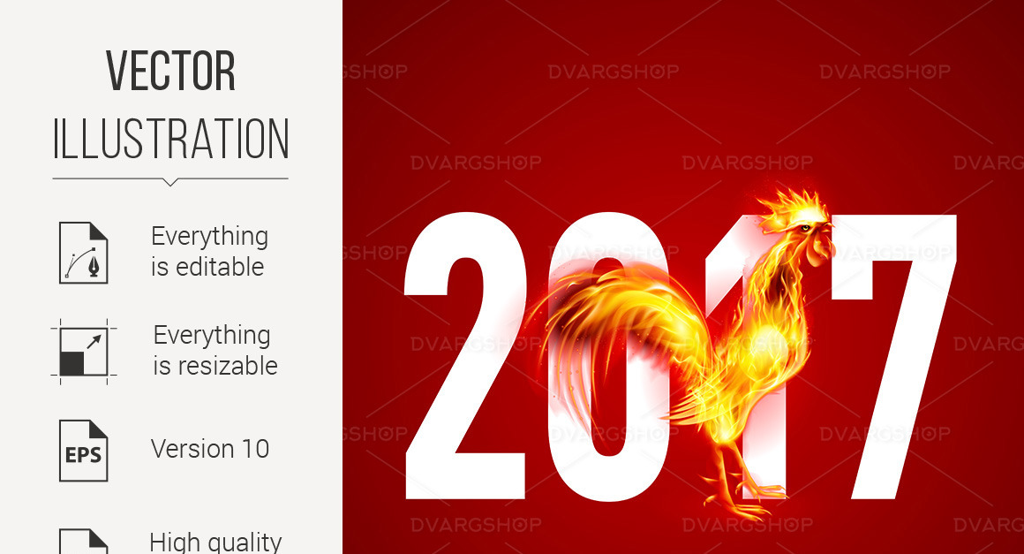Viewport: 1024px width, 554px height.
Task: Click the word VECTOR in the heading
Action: (x=170, y=71)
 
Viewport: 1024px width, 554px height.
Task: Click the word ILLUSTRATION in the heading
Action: (x=170, y=139)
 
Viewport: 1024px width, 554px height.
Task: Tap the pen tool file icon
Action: (x=84, y=253)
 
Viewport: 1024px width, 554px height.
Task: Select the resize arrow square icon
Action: (x=84, y=352)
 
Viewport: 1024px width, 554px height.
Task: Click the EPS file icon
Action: (x=84, y=451)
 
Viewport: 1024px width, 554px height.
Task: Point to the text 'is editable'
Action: (x=207, y=267)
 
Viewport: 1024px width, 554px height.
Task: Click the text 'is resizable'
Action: (x=215, y=366)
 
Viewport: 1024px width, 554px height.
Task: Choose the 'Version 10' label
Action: (x=210, y=449)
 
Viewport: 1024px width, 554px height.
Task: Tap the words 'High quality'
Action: (x=215, y=543)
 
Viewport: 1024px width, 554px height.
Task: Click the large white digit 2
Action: (x=465, y=356)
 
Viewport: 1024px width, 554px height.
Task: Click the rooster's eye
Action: (x=805, y=227)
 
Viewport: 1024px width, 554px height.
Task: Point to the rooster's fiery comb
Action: (x=792, y=206)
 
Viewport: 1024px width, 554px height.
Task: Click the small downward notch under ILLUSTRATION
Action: (x=169, y=182)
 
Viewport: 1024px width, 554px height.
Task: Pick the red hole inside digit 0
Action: (x=607, y=356)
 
